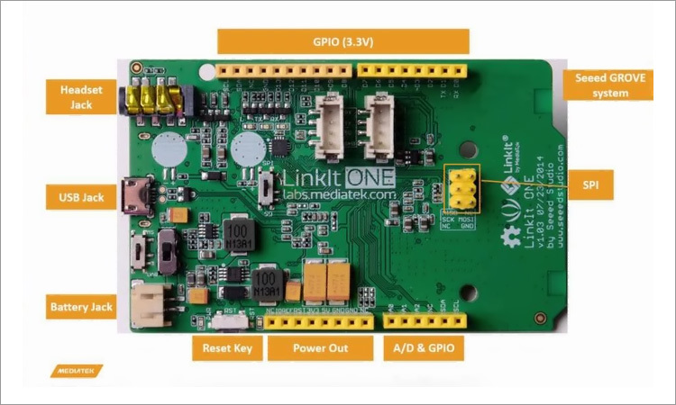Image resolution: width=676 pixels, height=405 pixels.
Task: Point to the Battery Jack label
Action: pyautogui.click(x=82, y=307)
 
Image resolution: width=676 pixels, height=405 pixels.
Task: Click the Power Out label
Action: pyautogui.click(x=320, y=348)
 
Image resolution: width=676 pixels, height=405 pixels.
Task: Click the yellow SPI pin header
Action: pyautogui.click(x=461, y=187)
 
